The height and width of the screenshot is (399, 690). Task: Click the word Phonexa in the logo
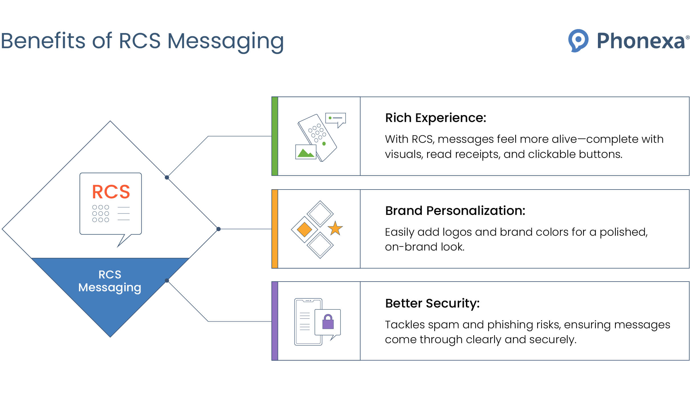click(641, 41)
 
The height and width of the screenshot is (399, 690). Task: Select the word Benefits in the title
click(43, 41)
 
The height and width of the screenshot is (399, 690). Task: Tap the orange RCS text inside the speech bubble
click(111, 192)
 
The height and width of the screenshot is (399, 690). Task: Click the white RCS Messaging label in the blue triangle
click(110, 281)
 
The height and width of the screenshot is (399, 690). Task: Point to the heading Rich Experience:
click(435, 118)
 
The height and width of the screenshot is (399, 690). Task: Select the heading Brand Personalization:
click(455, 211)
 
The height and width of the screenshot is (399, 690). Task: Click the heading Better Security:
click(432, 303)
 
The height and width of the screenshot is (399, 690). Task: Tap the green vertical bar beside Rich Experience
click(275, 136)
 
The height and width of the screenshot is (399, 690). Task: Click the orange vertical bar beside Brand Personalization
click(275, 229)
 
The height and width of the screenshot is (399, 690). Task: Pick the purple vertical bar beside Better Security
click(275, 321)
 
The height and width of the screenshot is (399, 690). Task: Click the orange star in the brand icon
click(335, 229)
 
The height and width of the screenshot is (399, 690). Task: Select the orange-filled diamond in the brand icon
click(304, 229)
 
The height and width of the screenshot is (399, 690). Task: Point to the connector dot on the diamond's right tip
click(218, 229)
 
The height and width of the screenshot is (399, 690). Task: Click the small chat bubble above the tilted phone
click(336, 119)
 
